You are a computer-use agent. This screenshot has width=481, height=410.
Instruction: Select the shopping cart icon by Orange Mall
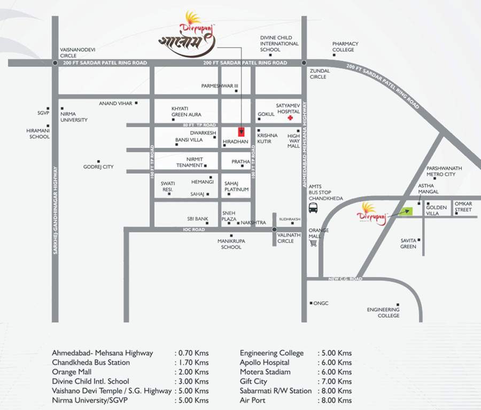point(314,243)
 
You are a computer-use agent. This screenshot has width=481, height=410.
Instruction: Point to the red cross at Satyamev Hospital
point(290,118)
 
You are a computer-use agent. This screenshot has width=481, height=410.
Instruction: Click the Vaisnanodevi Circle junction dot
point(56,62)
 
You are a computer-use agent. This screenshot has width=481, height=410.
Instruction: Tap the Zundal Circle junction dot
point(304,62)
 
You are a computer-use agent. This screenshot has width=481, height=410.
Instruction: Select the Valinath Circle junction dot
point(274,230)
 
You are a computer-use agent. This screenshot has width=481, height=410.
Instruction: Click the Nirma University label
point(74,116)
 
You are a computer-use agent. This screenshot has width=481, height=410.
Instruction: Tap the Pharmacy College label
point(345,46)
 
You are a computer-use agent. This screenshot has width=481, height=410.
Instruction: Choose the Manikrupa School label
point(231,245)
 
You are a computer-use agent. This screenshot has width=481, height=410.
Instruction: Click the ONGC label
point(321,303)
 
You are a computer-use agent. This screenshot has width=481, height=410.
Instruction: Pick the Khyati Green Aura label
point(186,111)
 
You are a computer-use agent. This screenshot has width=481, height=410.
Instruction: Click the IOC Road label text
point(192,230)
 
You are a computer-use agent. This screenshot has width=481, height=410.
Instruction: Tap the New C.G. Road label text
point(345,279)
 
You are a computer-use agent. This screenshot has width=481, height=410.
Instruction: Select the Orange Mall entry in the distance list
point(72,372)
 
